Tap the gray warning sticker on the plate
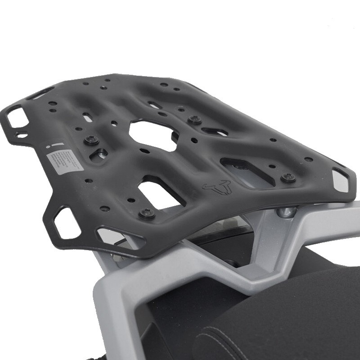pyautogui.click(x=65, y=160)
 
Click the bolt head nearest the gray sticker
pyautogui.click(x=91, y=140)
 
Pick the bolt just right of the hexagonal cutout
pyautogui.click(x=194, y=120)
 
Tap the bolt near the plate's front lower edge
pyautogui.click(x=147, y=213)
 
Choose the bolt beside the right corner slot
pyautogui.click(x=288, y=178)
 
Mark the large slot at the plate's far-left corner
pyautogui.click(x=15, y=116)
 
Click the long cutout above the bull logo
pyautogui.click(x=245, y=171)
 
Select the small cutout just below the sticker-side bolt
pyautogui.click(x=99, y=155)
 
